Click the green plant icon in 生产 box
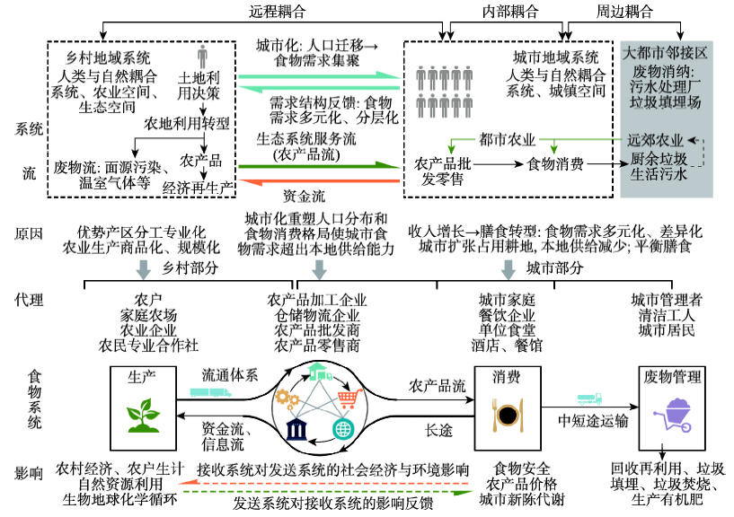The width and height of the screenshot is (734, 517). click(x=143, y=415)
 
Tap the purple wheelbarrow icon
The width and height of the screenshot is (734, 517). click(x=673, y=416)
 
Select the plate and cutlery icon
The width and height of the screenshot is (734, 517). click(x=508, y=415)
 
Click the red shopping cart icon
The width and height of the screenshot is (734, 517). click(x=350, y=399)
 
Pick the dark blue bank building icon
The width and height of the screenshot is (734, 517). click(x=296, y=430)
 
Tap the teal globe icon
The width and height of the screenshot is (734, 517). click(x=343, y=429)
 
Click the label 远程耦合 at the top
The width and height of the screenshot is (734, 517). click(x=277, y=12)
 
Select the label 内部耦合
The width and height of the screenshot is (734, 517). click(x=510, y=12)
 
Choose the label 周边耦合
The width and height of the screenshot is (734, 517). click(x=624, y=12)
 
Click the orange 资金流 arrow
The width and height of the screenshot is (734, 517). click(x=319, y=181)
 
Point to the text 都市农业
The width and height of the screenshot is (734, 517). click(x=507, y=139)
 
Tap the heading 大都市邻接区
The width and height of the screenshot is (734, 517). click(x=665, y=52)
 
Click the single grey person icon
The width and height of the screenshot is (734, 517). click(x=202, y=57)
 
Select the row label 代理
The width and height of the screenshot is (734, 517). click(x=29, y=300)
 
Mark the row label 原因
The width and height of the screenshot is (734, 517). click(x=29, y=233)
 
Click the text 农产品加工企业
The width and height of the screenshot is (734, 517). click(x=317, y=300)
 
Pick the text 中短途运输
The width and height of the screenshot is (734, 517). click(x=593, y=421)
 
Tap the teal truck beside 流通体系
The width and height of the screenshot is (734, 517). click(x=210, y=392)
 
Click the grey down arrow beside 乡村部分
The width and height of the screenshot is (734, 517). click(x=143, y=269)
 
